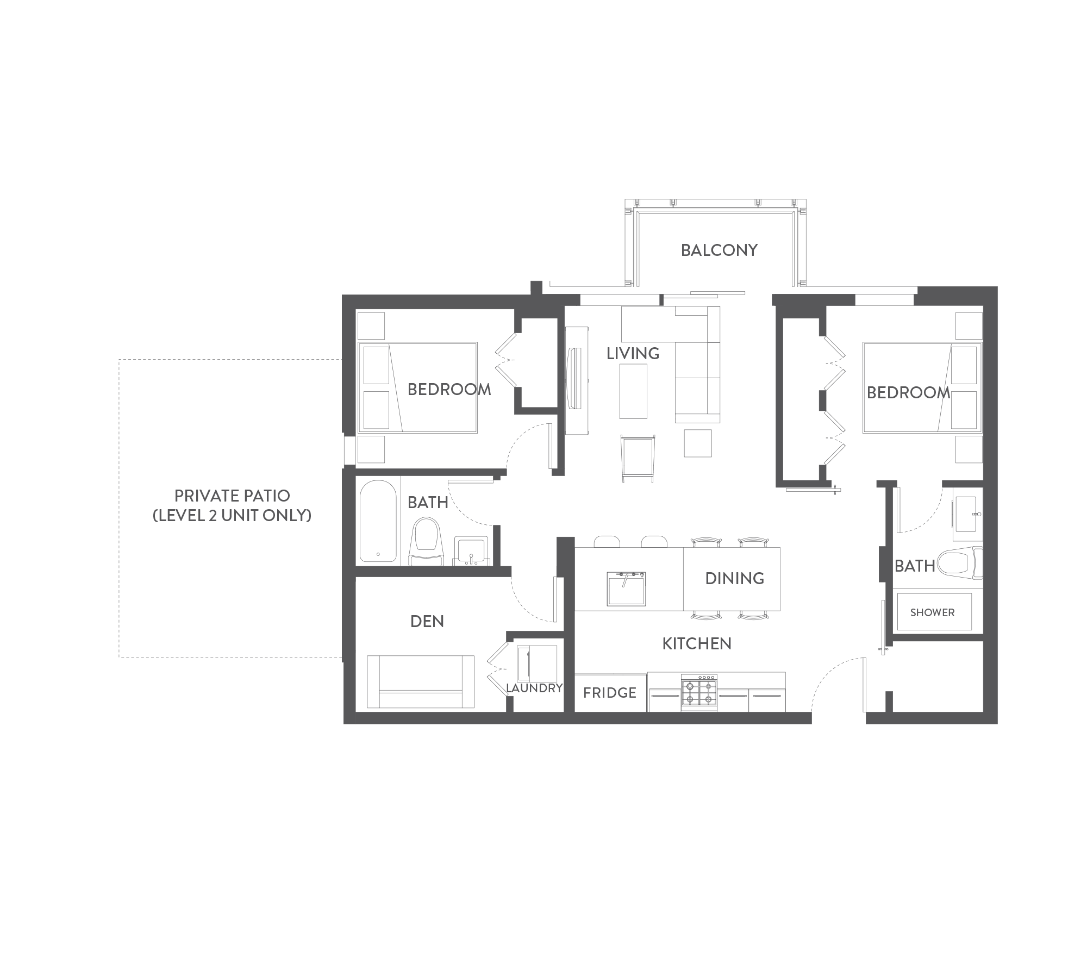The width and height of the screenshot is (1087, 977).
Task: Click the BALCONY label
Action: (719, 250)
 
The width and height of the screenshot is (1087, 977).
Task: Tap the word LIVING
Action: (633, 354)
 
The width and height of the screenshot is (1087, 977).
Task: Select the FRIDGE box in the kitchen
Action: (610, 693)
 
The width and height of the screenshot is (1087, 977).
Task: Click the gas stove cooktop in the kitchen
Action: (699, 693)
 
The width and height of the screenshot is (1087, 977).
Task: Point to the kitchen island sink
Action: (627, 588)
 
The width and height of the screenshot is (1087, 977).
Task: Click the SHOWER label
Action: (932, 612)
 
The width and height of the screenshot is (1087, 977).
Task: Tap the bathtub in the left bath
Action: (378, 521)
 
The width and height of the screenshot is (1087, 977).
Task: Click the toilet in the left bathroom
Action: (426, 542)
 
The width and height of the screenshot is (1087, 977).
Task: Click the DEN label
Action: (427, 622)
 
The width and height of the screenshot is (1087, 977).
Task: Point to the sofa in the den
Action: (420, 682)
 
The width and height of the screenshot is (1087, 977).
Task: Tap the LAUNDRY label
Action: (534, 688)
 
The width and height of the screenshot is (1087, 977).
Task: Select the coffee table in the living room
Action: (633, 391)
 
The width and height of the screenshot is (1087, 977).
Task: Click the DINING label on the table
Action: (734, 578)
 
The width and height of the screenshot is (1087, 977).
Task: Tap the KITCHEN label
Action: (697, 644)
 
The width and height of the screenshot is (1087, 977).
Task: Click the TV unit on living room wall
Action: (576, 380)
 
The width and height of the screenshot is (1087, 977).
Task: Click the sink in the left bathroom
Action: (471, 550)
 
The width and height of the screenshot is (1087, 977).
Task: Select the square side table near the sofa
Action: (698, 443)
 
